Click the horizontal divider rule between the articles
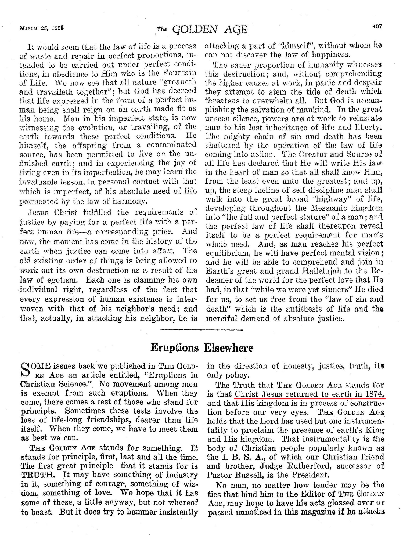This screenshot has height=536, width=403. pos(201,330)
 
